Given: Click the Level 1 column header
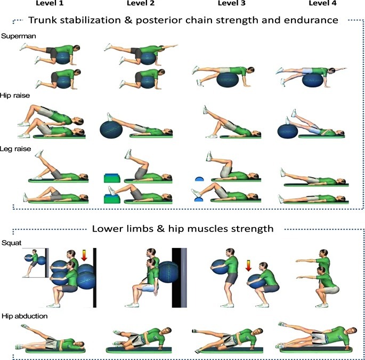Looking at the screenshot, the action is point(50,3).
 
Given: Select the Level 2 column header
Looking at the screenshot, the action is point(141,3).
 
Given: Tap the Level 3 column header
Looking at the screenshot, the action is point(231,3).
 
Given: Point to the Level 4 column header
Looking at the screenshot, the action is point(322,3).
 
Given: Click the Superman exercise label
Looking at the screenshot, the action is point(19,36).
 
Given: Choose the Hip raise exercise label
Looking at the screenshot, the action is point(15,95).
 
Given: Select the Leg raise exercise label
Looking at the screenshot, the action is point(15,149).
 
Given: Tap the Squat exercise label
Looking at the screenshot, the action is point(11,243).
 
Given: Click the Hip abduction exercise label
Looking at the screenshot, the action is point(25,316).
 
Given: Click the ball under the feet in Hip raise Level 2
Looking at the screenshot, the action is point(111,130).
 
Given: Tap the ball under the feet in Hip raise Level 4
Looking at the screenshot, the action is point(288,131).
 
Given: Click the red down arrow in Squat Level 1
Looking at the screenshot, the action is point(84,255).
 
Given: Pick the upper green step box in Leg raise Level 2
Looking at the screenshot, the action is point(112,178).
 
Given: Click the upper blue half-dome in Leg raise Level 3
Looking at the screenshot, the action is point(199,179).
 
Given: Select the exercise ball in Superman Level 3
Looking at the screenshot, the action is point(228,79).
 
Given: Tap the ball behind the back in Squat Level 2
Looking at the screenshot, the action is point(168,272).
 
